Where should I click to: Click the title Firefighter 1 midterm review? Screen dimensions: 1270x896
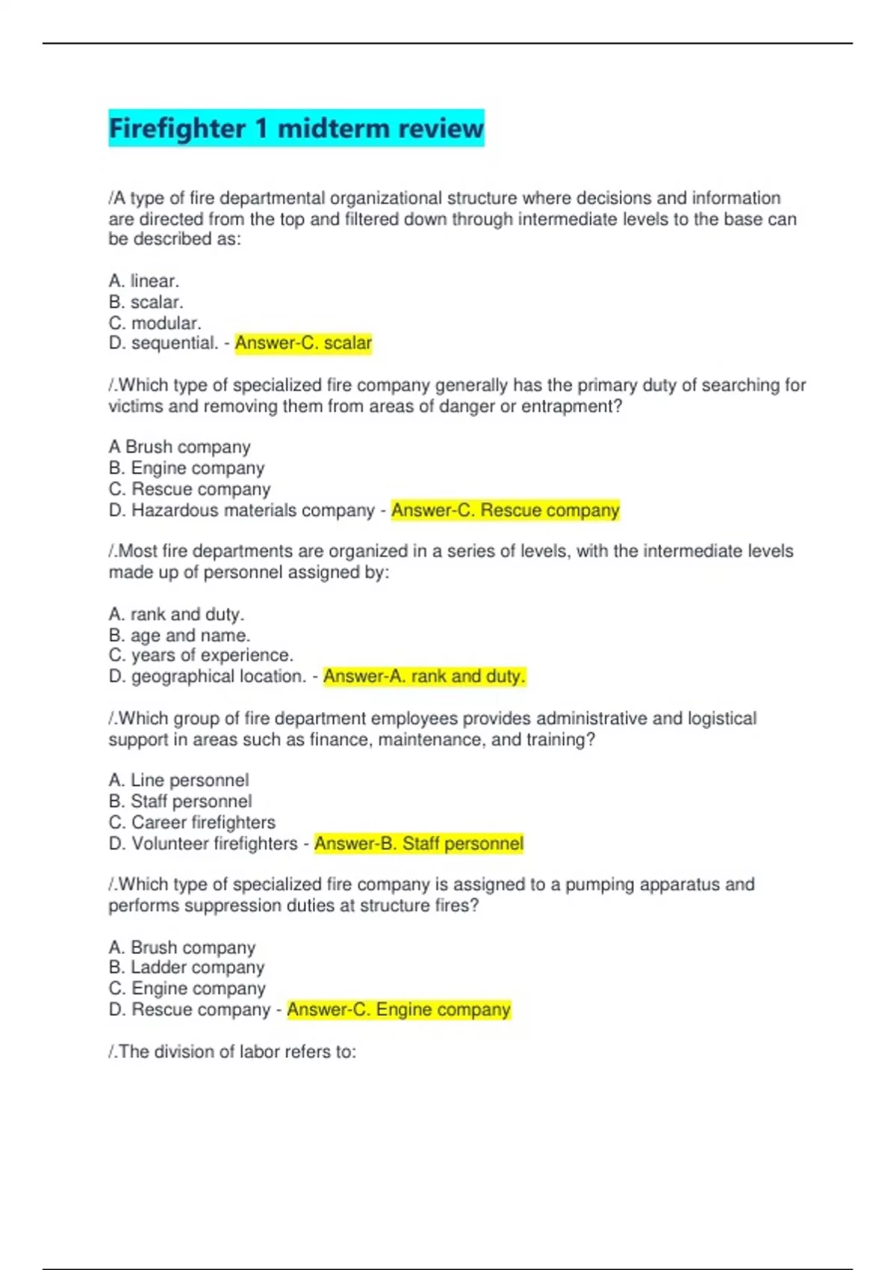296,128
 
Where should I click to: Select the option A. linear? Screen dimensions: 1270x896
144,282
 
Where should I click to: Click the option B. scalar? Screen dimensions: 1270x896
146,303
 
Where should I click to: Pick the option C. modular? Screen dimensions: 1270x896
155,323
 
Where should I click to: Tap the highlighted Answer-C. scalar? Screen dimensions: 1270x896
303,344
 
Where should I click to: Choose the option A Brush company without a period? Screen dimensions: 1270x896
179,447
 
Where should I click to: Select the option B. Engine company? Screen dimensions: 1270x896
187,468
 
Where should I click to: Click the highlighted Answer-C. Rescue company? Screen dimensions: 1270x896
505,511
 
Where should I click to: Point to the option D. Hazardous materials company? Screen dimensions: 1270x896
241,511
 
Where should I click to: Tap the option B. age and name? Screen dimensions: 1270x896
179,636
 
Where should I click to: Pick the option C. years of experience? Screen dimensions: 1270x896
201,656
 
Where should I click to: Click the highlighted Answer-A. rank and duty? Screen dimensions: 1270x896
424,677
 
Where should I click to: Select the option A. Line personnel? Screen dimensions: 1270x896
178,781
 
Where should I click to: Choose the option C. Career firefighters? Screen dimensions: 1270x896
192,823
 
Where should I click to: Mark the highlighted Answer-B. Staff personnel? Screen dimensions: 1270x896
419,844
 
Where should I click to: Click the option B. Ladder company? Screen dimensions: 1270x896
187,967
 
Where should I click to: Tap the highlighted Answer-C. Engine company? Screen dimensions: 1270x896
399,1010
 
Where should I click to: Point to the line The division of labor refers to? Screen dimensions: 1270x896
232,1052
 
